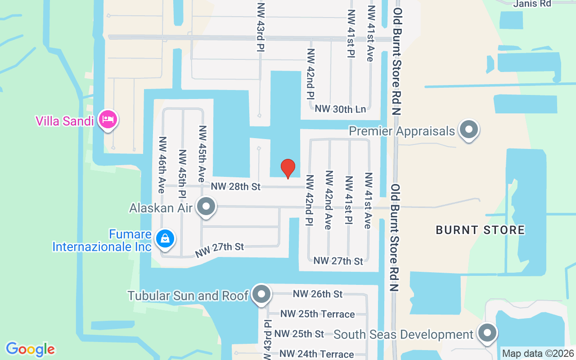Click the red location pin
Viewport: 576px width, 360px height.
pyautogui.click(x=288, y=168)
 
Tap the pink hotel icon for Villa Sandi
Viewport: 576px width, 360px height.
pyautogui.click(x=108, y=120)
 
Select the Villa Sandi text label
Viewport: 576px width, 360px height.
pyautogui.click(x=65, y=121)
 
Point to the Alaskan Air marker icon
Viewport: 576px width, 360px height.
pyautogui.click(x=207, y=207)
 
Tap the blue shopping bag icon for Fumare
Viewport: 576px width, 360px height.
pyautogui.click(x=165, y=238)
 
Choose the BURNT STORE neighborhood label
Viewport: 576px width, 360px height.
pyautogui.click(x=480, y=230)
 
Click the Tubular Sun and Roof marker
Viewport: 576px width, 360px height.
pyautogui.click(x=261, y=295)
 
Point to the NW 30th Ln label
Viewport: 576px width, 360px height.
pyautogui.click(x=340, y=108)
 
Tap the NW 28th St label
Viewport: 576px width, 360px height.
pyautogui.click(x=236, y=186)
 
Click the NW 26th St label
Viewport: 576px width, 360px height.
pyautogui.click(x=318, y=294)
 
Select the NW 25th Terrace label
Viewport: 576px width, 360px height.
pyautogui.click(x=317, y=314)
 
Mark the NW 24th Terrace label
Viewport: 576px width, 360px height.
pyautogui.click(x=316, y=354)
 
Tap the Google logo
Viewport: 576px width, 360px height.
pyautogui.click(x=30, y=349)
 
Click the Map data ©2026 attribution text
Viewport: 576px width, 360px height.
pyautogui.click(x=538, y=354)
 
